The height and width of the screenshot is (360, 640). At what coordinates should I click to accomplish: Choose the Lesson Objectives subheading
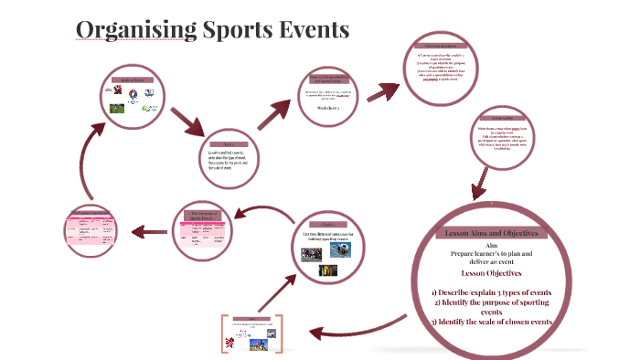click(x=492, y=272)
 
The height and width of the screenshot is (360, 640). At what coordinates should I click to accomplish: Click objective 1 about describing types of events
click(x=492, y=291)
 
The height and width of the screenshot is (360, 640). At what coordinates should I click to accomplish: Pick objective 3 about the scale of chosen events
click(x=492, y=322)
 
